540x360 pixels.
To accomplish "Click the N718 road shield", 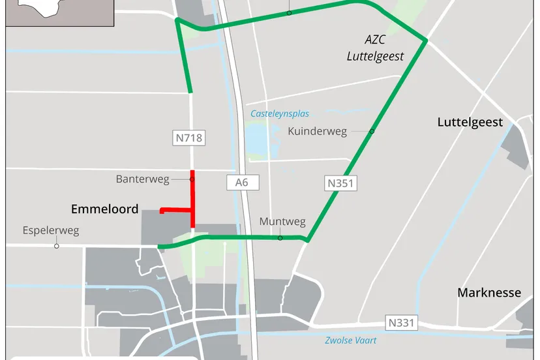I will (188, 138).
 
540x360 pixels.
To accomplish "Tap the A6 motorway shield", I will (242, 182).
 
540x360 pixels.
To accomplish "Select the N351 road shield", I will (339, 183).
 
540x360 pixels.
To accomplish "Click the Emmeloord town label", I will (104, 209).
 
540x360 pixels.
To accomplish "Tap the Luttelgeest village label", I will (470, 122).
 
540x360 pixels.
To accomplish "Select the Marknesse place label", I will (489, 292).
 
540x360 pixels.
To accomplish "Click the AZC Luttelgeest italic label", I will (375, 48).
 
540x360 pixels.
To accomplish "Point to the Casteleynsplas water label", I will (280, 113).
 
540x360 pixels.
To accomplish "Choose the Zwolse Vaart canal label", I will (350, 340).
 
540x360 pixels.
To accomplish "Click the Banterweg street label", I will (142, 178).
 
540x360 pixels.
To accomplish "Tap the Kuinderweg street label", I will (317, 131).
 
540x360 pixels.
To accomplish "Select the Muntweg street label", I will (282, 222).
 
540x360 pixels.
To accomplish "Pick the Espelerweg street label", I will (50, 230).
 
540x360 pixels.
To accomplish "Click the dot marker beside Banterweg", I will (192, 178).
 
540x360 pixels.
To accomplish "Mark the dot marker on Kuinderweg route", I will (372, 131).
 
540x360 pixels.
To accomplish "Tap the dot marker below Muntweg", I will (280, 238).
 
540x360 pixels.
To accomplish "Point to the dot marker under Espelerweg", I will (57, 246).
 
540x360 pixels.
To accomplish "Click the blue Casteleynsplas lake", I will (258, 138).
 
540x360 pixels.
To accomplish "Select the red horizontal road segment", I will (176, 210).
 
